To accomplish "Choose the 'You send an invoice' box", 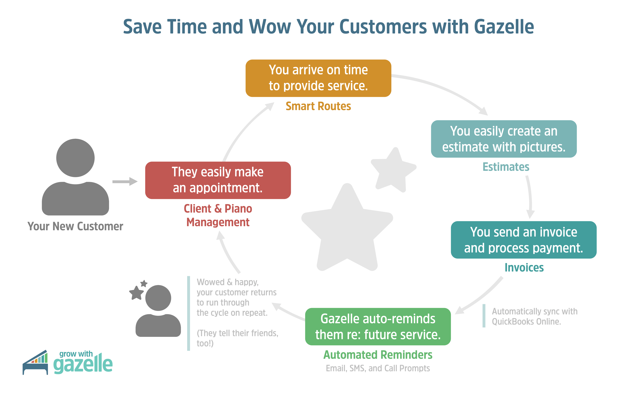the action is coord(524,240).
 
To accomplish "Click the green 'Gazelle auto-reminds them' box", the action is coord(378,327).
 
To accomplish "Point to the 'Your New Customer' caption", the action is coord(75,226).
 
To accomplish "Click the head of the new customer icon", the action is coord(75,158).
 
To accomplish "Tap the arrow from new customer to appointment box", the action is coord(125,181).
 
